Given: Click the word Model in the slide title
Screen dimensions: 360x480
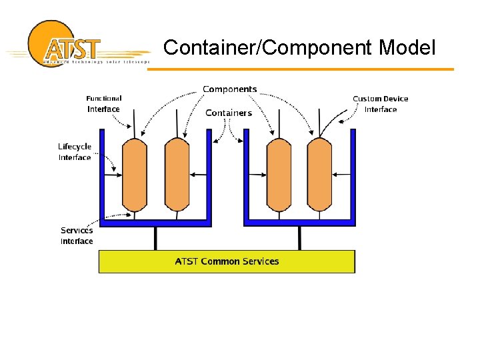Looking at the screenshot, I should point(407,47).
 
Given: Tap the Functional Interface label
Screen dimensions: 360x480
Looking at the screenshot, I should point(103,104).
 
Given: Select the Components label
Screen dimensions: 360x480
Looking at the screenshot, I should point(229,89).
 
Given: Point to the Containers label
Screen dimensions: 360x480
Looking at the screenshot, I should point(229,113).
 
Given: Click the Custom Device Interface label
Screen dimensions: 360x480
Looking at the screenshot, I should point(381,104).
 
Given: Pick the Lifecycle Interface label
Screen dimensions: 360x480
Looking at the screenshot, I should point(75,152).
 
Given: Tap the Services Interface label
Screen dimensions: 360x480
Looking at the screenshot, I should point(77,235).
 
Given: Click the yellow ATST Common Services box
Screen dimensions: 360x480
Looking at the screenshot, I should point(227,261).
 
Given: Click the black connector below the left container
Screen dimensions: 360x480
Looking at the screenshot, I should point(155,238).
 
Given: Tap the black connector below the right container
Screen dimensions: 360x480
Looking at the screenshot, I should point(299,238).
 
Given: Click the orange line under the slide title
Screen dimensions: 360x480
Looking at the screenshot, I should point(300,69).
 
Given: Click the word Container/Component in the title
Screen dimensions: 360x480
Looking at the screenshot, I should point(268,47).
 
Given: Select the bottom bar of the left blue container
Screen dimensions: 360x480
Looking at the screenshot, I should point(155,222).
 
